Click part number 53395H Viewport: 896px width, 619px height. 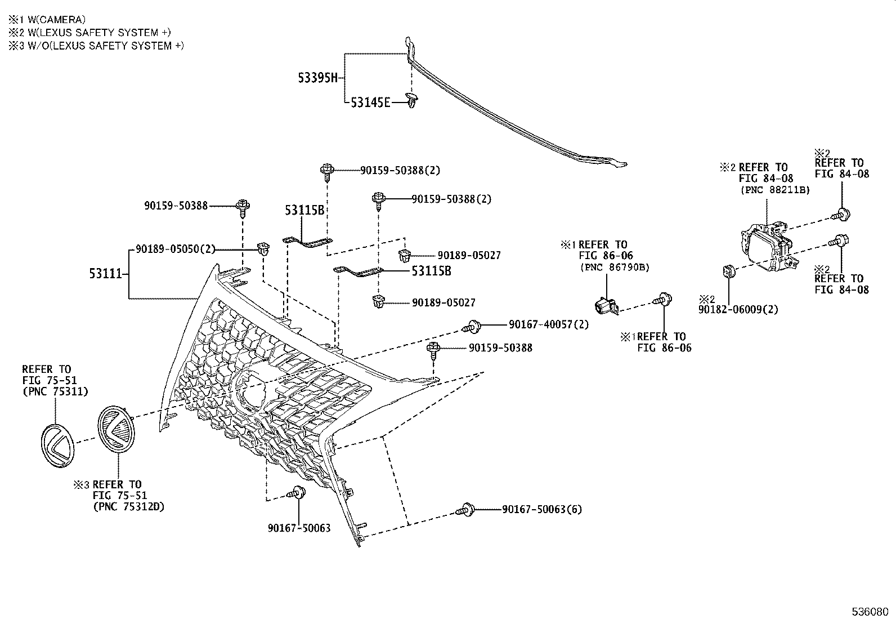tap(317, 78)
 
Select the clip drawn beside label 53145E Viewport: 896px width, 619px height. tap(413, 101)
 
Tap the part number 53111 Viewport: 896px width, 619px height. tap(105, 274)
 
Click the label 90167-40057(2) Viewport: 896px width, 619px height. tap(548, 324)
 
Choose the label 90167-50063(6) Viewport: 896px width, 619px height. tap(541, 509)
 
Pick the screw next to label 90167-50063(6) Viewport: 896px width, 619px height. tap(465, 509)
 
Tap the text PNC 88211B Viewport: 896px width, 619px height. tap(774, 190)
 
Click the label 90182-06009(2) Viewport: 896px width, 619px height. tap(738, 309)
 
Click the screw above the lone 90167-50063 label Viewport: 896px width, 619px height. tap(297, 493)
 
